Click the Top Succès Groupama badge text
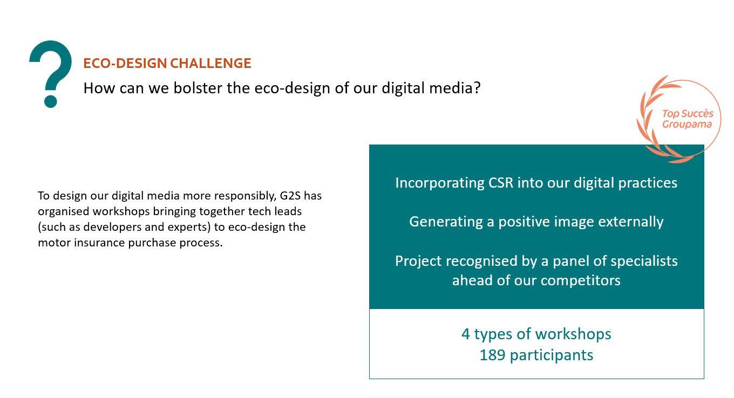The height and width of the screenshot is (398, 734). [688, 119]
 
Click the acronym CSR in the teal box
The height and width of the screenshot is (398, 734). [501, 183]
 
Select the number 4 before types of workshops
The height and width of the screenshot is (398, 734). [466, 334]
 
